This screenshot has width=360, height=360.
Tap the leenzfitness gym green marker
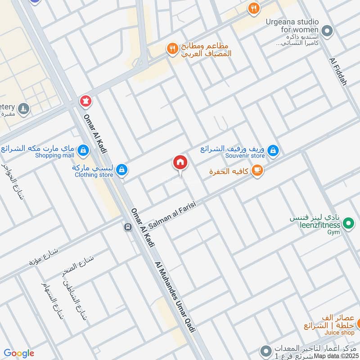[x=347, y=222]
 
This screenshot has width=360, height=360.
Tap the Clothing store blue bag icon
[x=121, y=170]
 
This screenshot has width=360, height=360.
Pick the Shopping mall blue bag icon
[x=83, y=149]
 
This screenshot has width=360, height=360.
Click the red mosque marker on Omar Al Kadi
[x=85, y=100]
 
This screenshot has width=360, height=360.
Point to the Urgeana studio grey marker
[x=328, y=31]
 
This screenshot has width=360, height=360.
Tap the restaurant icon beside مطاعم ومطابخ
[x=172, y=48]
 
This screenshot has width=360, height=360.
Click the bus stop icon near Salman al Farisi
[x=127, y=227]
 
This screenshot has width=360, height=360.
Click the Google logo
[x=19, y=353]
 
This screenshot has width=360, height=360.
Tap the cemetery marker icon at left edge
[x=23, y=108]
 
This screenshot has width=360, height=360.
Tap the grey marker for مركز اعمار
[x=266, y=350]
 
